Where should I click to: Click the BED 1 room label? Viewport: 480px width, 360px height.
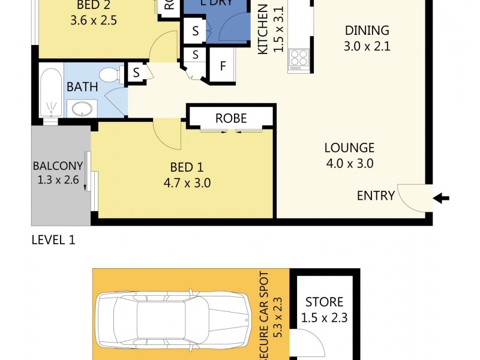[186, 167]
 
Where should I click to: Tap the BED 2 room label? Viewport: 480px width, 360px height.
[93, 6]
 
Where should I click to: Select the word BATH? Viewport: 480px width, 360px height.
[82, 87]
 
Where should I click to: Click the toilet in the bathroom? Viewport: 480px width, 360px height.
[110, 75]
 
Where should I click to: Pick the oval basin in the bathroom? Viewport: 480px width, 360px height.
[82, 109]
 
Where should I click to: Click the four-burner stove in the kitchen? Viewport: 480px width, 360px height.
[299, 59]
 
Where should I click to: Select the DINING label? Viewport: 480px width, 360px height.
[367, 30]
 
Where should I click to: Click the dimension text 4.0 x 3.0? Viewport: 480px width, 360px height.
[349, 163]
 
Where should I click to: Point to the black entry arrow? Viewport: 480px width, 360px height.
[441, 199]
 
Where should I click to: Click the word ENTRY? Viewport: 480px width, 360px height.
[376, 196]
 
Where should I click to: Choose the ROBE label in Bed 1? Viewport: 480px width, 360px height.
[231, 118]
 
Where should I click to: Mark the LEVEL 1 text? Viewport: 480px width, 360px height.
[53, 241]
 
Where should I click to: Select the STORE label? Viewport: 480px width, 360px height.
[325, 302]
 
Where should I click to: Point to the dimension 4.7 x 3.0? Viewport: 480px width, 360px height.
[186, 184]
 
